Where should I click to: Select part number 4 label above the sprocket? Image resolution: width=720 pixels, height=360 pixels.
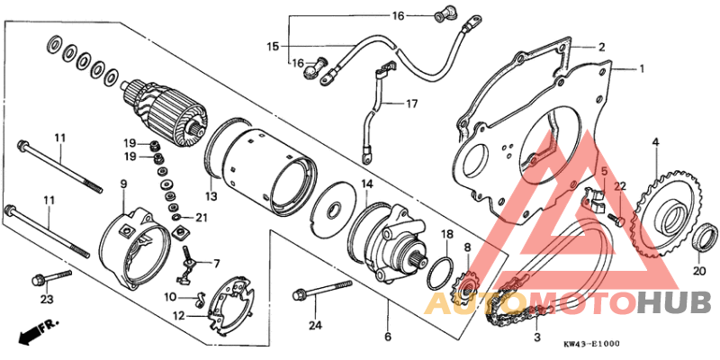(x=655, y=141)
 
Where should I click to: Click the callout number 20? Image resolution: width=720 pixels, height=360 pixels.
(x=699, y=270)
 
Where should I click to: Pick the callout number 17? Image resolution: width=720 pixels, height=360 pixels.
(x=410, y=104)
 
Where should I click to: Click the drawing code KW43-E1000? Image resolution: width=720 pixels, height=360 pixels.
(x=591, y=345)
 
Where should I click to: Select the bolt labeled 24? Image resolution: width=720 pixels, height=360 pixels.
(x=319, y=291)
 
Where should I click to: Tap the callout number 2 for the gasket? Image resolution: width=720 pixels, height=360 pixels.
(x=600, y=47)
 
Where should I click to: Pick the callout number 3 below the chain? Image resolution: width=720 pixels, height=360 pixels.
(x=537, y=337)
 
